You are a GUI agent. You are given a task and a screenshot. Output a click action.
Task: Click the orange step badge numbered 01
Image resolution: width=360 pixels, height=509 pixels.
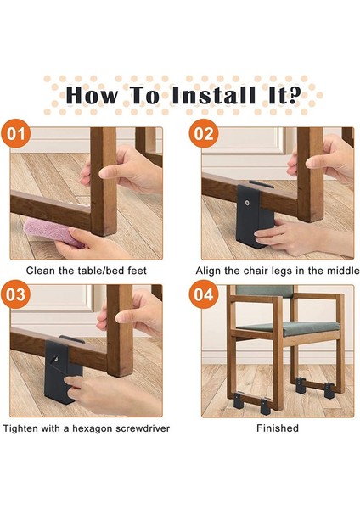coord(16,133)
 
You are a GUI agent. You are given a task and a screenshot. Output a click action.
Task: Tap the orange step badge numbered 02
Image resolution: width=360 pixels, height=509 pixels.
coord(204,133)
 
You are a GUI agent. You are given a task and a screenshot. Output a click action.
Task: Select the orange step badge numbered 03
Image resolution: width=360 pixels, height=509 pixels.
coord(16,294)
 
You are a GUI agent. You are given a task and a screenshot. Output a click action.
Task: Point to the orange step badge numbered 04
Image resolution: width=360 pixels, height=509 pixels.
coord(204,294)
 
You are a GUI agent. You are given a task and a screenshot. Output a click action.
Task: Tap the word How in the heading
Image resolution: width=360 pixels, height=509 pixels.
coord(93,95)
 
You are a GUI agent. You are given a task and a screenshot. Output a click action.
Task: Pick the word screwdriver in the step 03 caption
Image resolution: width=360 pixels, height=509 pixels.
coord(143,428)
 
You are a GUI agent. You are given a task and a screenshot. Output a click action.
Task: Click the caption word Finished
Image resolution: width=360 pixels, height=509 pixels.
coord(278,428)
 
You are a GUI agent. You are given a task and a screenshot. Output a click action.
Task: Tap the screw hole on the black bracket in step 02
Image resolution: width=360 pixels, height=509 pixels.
coord(248,204)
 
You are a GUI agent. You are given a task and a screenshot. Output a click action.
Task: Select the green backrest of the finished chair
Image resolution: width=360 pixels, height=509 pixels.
coord(264,292)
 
